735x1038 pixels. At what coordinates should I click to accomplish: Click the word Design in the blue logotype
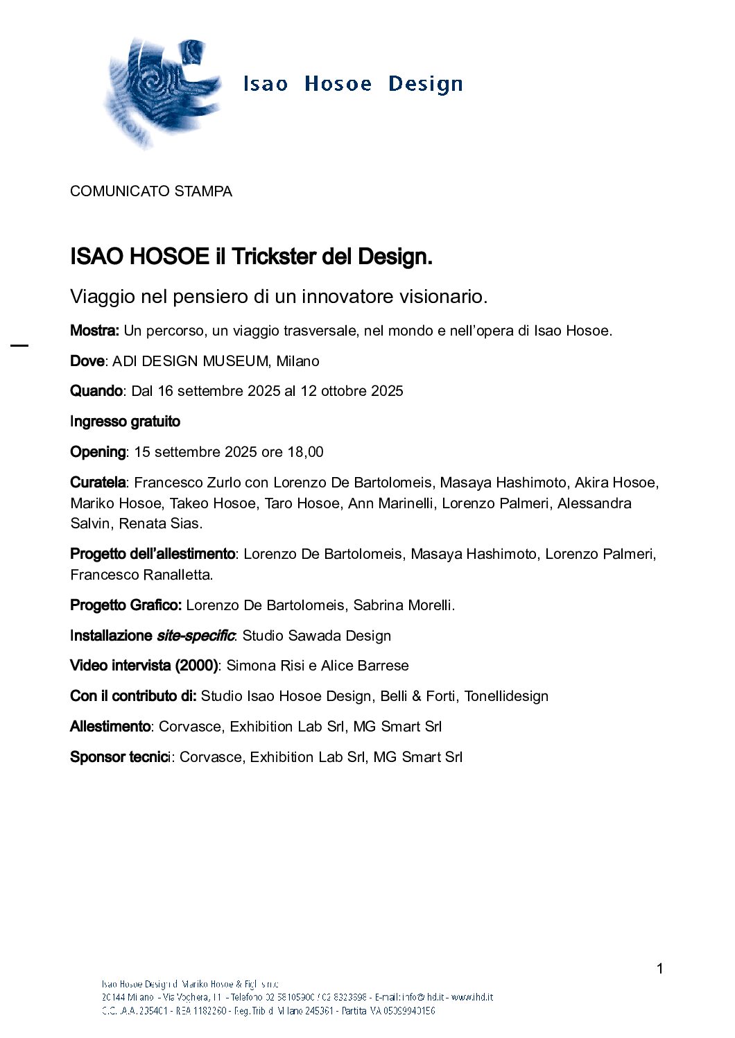click(x=425, y=84)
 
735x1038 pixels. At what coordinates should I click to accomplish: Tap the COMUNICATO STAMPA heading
click(x=151, y=191)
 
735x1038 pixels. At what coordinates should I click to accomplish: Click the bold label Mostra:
click(x=95, y=331)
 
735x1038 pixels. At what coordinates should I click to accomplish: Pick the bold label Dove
click(x=87, y=361)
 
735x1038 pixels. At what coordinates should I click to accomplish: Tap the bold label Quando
click(x=96, y=391)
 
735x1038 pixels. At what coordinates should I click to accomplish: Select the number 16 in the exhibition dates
click(x=165, y=391)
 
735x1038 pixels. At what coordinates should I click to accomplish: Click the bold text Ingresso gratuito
click(x=125, y=422)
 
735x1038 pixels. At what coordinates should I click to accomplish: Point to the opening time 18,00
click(x=305, y=452)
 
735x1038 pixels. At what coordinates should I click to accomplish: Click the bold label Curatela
click(x=98, y=483)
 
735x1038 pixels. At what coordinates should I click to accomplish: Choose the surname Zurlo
click(x=224, y=483)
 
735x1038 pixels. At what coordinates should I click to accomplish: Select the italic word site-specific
click(x=196, y=636)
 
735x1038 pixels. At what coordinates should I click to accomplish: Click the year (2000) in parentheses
click(x=196, y=666)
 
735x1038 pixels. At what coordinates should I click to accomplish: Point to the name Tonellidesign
click(x=506, y=696)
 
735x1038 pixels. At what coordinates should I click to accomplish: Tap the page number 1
click(x=659, y=969)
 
